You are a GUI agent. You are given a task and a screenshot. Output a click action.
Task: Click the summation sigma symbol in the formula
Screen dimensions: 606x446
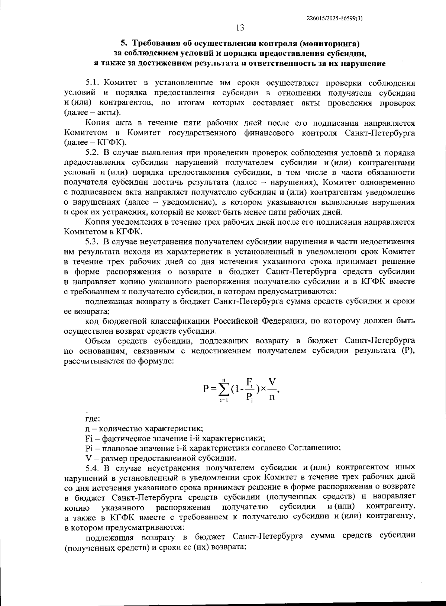click(x=224, y=389)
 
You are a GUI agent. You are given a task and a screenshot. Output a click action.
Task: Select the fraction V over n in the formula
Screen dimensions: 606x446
click(x=272, y=389)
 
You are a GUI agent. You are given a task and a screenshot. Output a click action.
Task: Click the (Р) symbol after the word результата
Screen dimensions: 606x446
click(x=407, y=351)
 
